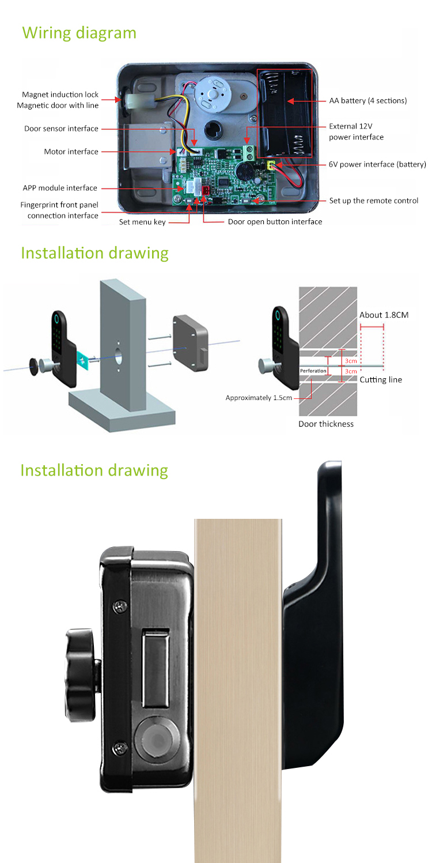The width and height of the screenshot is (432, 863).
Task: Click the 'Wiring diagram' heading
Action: (x=79, y=32)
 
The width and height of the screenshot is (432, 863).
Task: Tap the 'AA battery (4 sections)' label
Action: (x=367, y=101)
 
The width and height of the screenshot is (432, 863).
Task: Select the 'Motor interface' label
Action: (x=71, y=152)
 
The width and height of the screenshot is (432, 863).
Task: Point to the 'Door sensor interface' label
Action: (x=61, y=129)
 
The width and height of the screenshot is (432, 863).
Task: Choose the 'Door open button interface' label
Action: (x=275, y=221)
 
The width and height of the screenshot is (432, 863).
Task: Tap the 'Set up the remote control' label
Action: (x=373, y=201)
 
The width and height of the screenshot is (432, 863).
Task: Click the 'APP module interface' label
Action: (x=60, y=188)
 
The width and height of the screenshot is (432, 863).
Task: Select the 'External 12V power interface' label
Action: (x=355, y=131)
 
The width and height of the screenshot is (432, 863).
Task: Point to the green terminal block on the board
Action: (x=249, y=153)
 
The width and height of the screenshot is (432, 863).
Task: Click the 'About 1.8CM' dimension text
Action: (x=384, y=315)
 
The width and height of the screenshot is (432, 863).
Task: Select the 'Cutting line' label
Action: (x=381, y=380)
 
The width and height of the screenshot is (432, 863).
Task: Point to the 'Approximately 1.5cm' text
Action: (x=259, y=398)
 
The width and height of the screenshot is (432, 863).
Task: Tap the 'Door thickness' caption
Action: (x=325, y=424)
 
